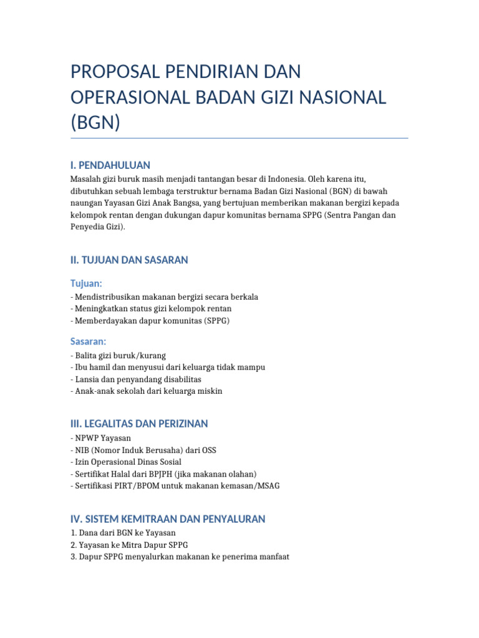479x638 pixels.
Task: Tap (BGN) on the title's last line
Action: (x=95, y=121)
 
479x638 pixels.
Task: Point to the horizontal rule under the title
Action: (x=239, y=138)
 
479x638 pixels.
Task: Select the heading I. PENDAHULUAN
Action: (x=110, y=165)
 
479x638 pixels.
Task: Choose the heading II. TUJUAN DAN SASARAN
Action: (x=129, y=260)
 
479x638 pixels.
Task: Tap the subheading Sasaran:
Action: (x=89, y=341)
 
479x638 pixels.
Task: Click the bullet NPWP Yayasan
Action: (x=100, y=438)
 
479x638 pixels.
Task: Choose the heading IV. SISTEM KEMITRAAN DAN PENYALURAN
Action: (x=168, y=518)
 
